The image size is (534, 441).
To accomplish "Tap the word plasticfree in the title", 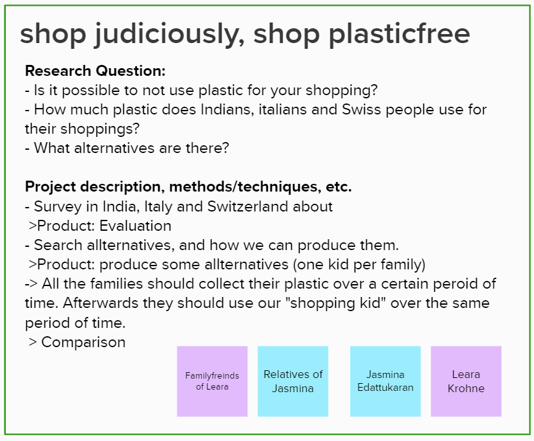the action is tap(400, 35).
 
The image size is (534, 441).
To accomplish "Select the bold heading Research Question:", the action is tap(95, 71).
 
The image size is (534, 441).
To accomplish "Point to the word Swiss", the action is tap(362, 109).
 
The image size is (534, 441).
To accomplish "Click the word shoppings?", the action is tap(100, 129).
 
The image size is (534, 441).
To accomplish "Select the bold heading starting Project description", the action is tap(188, 187).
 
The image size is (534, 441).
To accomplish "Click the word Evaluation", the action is tap(136, 226).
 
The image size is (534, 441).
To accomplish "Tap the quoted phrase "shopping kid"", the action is tap(336, 303).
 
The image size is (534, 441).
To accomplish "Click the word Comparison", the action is tap(84, 342).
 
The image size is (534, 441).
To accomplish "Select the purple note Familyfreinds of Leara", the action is tap(212, 381).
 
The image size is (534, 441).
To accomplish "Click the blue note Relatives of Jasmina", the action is tap(293, 381).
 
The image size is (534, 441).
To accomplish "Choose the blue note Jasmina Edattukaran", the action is tap(386, 381).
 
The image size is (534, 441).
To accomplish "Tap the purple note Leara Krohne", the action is tap(467, 381).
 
